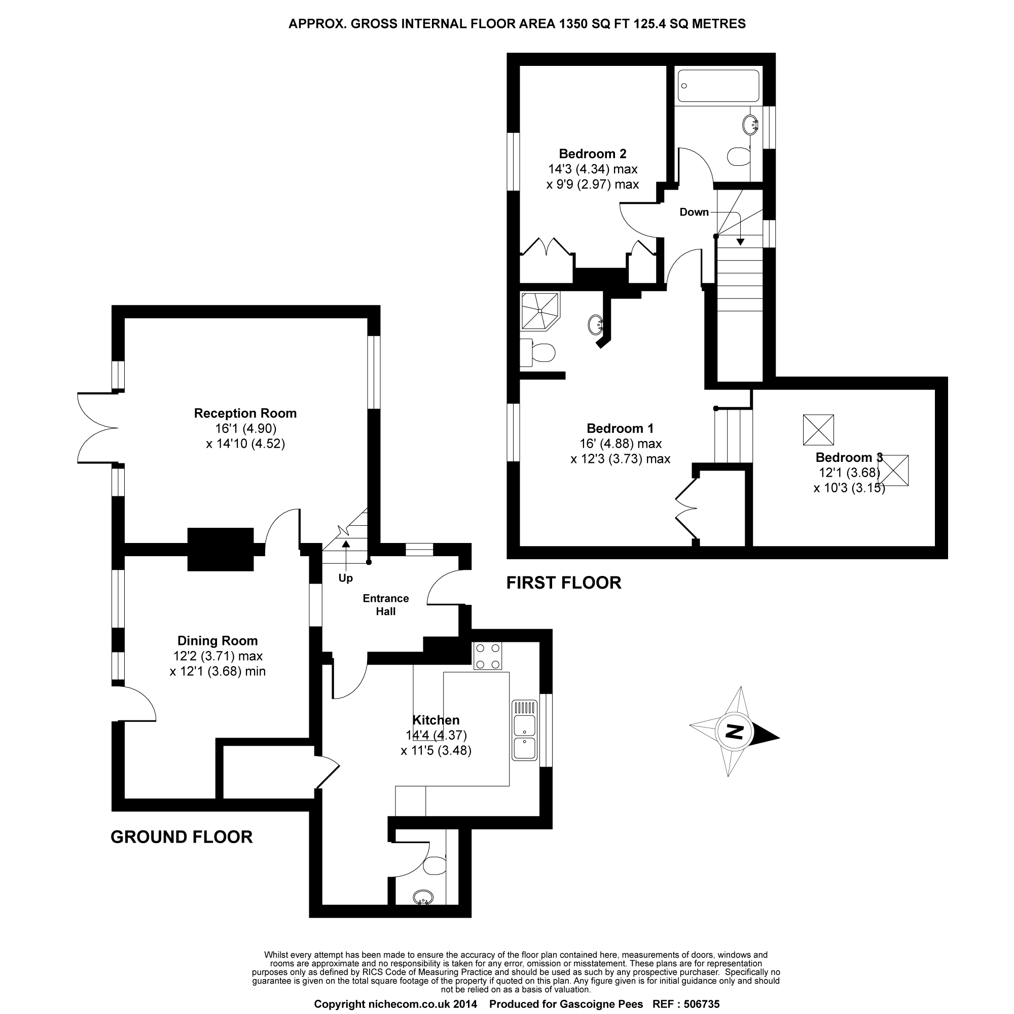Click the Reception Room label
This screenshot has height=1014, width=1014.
click(245, 413)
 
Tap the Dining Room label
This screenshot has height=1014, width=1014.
click(218, 640)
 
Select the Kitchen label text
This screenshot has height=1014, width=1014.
click(436, 720)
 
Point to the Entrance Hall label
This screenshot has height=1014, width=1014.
click(385, 605)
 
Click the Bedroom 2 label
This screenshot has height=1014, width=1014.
click(593, 154)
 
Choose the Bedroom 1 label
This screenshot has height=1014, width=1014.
click(620, 428)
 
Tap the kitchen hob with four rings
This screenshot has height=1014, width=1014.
click(488, 656)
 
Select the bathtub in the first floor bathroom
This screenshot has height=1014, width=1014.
click(718, 86)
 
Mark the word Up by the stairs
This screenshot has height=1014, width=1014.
click(345, 578)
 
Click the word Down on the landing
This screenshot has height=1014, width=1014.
click(694, 212)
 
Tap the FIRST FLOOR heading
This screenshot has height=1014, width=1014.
click(564, 583)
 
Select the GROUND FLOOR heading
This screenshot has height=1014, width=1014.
click(182, 837)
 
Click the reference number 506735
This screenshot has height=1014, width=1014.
click(701, 1004)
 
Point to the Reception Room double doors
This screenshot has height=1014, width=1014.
click(98, 428)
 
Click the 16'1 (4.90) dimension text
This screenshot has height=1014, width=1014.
click(245, 428)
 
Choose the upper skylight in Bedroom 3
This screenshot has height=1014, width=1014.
click(818, 430)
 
